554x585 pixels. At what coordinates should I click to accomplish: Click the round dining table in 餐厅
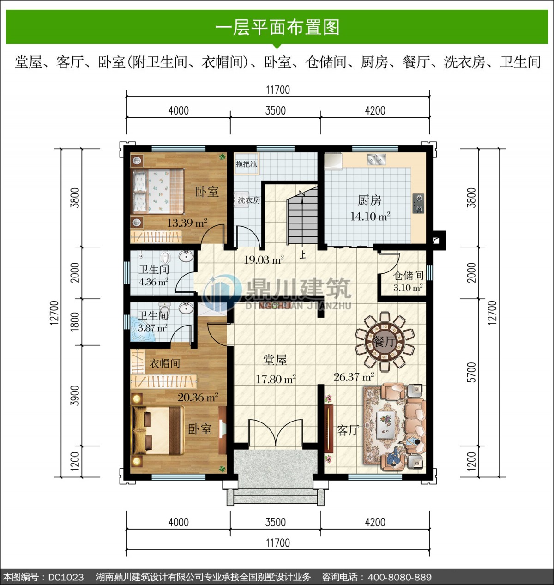[x=385, y=341]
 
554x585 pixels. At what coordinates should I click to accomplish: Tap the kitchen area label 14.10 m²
[x=370, y=217]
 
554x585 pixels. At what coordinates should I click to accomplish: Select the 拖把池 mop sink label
[x=246, y=164]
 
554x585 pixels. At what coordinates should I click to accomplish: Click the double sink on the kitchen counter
[x=376, y=159]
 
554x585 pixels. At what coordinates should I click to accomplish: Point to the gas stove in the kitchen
[x=419, y=203]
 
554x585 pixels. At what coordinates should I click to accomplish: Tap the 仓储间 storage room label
[x=408, y=275]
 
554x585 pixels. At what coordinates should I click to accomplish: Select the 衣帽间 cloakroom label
[x=164, y=363]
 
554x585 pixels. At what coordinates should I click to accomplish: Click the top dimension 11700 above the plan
[x=277, y=90]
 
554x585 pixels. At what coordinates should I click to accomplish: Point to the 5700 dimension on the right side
[x=471, y=372]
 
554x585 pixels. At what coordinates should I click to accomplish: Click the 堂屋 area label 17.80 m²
[x=276, y=379]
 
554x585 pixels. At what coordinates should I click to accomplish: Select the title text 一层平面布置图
[x=277, y=27]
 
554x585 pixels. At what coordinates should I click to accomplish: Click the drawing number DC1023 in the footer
[x=66, y=577]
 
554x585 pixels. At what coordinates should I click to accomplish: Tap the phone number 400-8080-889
[x=400, y=577]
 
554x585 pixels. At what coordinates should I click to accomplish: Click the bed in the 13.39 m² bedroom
[x=157, y=191]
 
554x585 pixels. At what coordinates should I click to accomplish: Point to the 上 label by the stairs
[x=302, y=255]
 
